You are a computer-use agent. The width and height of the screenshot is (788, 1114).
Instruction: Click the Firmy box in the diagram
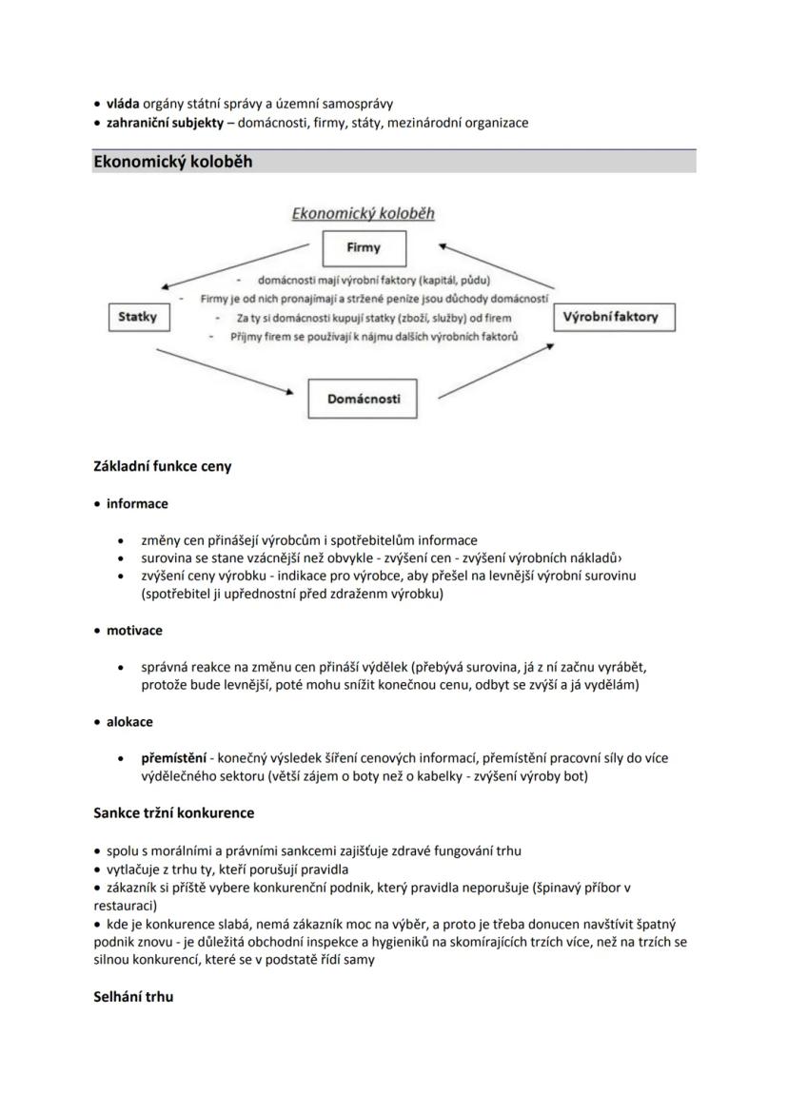click(364, 248)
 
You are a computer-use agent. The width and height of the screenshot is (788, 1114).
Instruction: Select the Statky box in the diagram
click(138, 317)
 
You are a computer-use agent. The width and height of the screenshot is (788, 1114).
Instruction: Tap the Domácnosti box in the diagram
click(364, 399)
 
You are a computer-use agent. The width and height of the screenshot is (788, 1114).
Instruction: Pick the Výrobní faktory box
click(614, 317)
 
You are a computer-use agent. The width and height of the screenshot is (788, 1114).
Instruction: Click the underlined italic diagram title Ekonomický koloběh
click(363, 213)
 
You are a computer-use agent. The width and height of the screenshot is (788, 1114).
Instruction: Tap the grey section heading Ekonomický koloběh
click(173, 162)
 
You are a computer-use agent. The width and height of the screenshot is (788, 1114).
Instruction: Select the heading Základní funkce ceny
click(163, 466)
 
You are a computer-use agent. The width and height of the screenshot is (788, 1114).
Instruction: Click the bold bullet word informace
click(137, 503)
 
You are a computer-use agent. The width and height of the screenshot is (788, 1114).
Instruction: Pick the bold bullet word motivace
click(134, 630)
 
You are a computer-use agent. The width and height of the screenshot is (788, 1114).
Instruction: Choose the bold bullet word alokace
click(129, 721)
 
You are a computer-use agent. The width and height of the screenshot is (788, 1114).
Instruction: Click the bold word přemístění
click(175, 758)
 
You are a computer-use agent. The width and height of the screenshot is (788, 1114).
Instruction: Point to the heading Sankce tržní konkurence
click(174, 812)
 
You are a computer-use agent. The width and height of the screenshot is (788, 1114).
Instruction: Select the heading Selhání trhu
click(133, 997)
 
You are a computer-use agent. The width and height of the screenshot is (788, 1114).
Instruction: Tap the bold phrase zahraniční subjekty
click(165, 123)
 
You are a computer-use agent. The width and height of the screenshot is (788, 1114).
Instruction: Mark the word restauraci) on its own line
click(125, 906)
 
